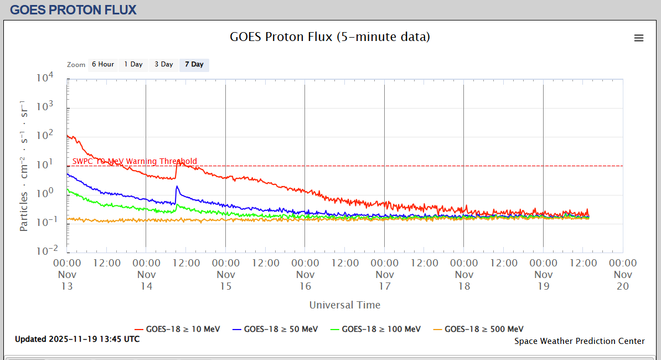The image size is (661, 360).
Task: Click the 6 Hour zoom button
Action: pos(102,65)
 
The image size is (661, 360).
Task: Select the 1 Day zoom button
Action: pos(133,65)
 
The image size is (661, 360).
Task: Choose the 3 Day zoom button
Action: pos(163,65)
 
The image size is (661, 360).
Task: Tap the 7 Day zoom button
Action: pos(194,65)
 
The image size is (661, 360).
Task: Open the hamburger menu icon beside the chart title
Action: pos(639,38)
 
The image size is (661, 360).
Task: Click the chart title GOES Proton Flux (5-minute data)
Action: pos(330,37)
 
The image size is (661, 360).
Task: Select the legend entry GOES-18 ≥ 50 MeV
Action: pos(275,329)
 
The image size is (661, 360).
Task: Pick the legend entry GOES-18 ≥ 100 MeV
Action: pos(375,329)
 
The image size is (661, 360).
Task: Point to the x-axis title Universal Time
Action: pos(345,305)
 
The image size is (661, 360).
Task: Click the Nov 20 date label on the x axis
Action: pos(623,280)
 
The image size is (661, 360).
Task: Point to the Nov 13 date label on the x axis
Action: pos(67,280)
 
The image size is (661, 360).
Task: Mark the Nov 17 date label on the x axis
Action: pos(385,280)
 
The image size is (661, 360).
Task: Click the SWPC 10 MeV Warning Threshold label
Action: pos(135,162)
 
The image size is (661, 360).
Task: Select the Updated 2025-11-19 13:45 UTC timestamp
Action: pos(77,339)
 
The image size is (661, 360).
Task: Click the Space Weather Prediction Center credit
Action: pos(579,341)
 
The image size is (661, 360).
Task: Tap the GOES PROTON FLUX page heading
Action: pos(73,10)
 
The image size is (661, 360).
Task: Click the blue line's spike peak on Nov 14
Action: pos(177,186)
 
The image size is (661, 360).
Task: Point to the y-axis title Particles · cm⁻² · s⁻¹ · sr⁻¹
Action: pos(24,166)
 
